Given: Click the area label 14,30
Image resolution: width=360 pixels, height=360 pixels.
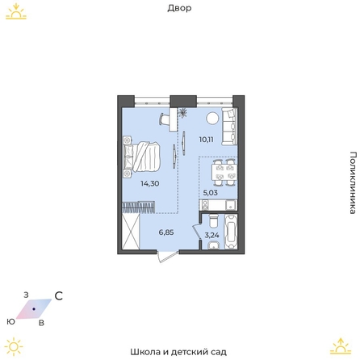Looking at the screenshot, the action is (x=150, y=184).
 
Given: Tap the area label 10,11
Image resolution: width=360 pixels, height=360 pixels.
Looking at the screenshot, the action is (x=207, y=140).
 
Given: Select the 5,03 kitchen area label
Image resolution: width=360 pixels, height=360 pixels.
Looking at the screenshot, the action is (x=210, y=193).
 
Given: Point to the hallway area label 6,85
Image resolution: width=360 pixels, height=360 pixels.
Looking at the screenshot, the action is (x=166, y=232).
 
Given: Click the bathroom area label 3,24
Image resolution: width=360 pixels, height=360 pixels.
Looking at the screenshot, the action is (x=211, y=235).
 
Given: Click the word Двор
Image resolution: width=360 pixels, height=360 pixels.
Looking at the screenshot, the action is (x=179, y=8).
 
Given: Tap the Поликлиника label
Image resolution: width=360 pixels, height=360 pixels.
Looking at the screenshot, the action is (x=353, y=182).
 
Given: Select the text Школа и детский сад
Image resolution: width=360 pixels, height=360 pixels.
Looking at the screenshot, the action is (x=178, y=352).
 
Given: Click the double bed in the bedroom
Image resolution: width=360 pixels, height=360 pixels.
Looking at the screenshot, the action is (x=142, y=157).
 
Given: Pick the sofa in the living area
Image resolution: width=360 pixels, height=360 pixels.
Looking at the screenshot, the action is (x=229, y=126).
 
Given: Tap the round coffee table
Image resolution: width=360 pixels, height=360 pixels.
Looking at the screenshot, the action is (x=212, y=118).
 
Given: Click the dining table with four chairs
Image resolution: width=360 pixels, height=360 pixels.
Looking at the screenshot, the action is (x=224, y=172).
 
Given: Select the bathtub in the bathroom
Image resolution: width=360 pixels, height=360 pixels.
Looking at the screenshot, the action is (x=231, y=232).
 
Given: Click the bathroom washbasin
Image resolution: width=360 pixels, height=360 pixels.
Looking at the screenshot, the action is (x=214, y=245).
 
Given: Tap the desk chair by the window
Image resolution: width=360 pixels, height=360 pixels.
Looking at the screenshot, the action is (x=165, y=119).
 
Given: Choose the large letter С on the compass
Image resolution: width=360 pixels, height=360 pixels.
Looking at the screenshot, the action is (x=59, y=296).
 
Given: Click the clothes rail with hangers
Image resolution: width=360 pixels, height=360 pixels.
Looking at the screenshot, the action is (x=139, y=207).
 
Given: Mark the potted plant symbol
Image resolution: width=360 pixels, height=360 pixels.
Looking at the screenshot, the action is (x=183, y=113).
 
